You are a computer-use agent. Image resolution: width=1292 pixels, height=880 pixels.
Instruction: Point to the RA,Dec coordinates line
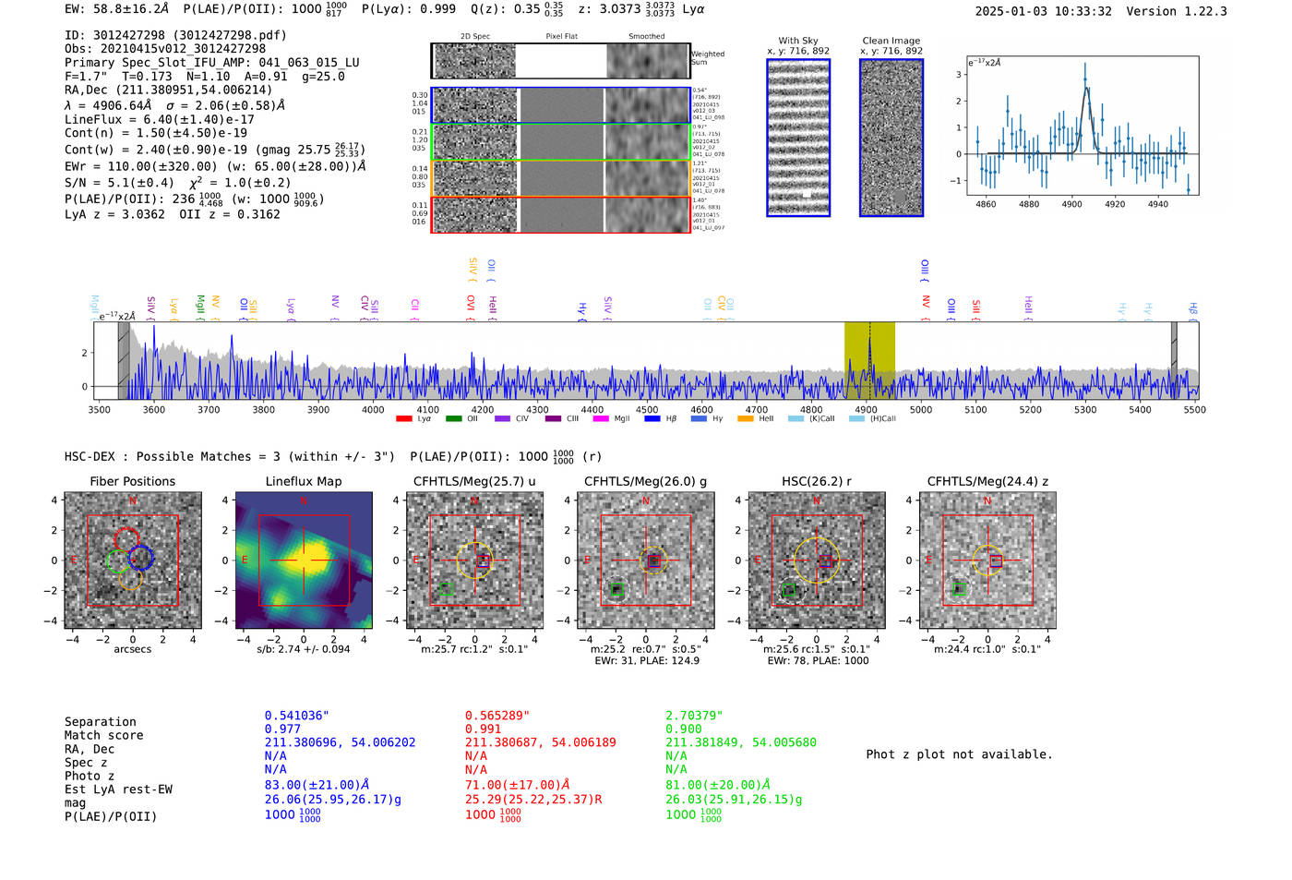pyautogui.click(x=169, y=90)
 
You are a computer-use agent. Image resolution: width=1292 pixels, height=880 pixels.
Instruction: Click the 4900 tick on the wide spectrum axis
pyautogui.click(x=866, y=409)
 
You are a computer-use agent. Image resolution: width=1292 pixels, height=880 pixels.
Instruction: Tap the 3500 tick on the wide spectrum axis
pyautogui.click(x=99, y=409)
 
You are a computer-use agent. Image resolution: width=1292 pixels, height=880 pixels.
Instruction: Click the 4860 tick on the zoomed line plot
pyautogui.click(x=986, y=204)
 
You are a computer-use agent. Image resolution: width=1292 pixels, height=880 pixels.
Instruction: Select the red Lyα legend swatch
pyautogui.click(x=404, y=419)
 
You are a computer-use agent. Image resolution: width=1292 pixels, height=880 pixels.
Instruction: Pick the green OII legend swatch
pyautogui.click(x=453, y=419)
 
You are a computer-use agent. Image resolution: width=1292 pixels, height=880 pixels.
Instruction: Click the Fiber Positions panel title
pyautogui.click(x=132, y=481)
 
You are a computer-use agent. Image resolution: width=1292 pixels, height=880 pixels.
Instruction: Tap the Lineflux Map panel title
pyautogui.click(x=303, y=481)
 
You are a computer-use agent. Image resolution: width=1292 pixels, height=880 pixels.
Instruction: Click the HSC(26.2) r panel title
pyautogui.click(x=816, y=481)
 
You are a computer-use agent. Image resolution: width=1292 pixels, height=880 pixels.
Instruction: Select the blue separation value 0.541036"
pyautogui.click(x=296, y=716)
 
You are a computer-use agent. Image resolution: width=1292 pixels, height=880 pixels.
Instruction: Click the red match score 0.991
pyautogui.click(x=483, y=729)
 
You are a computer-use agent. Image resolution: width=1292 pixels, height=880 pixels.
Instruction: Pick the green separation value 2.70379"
pyautogui.click(x=694, y=716)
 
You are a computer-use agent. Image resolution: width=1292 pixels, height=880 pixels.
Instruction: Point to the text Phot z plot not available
pyautogui.click(x=959, y=754)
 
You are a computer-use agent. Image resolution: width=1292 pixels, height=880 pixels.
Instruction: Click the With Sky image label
pyautogui.click(x=798, y=41)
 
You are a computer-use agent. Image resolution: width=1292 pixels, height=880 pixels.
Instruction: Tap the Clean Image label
pyautogui.click(x=891, y=41)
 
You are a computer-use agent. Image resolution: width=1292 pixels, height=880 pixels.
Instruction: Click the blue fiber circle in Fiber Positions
pyautogui.click(x=140, y=557)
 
